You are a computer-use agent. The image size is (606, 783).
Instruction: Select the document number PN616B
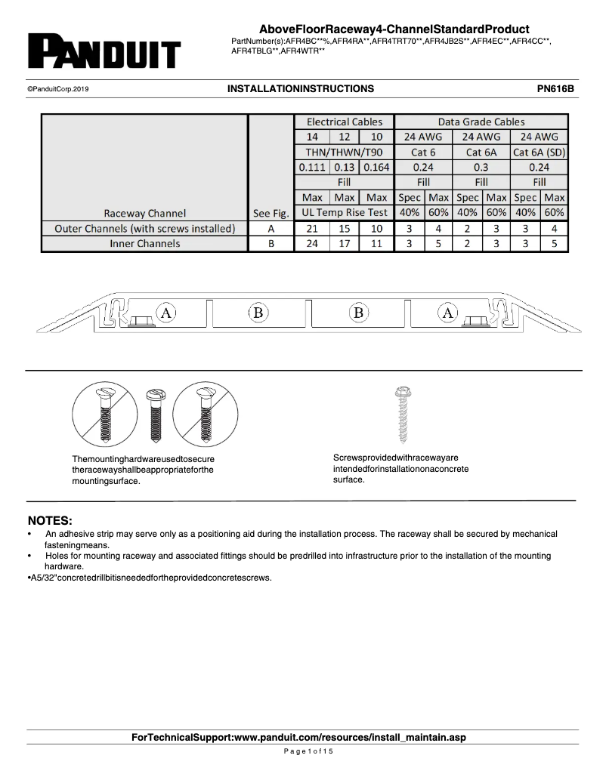[555, 88]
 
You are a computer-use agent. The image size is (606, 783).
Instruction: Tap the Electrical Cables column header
[344, 122]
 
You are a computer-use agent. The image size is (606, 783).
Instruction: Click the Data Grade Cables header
[481, 122]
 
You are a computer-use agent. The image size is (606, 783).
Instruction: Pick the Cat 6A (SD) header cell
[539, 152]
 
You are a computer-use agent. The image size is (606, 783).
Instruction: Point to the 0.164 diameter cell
[376, 167]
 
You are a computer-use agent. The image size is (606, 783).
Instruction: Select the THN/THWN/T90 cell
[344, 152]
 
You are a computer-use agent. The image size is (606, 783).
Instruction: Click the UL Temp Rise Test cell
[344, 212]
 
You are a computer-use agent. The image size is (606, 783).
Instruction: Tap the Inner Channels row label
[144, 243]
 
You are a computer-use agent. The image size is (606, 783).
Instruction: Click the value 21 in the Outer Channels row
[311, 228]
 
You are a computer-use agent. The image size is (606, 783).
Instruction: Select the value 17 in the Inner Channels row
[344, 243]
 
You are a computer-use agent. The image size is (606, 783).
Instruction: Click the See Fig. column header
[271, 212]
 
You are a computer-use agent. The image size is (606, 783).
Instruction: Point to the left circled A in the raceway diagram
[165, 312]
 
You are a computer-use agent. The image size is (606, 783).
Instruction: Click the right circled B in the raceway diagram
[359, 312]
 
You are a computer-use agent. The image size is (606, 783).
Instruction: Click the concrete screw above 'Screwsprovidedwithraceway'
[401, 415]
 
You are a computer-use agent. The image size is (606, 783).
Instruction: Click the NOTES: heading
[50, 521]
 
